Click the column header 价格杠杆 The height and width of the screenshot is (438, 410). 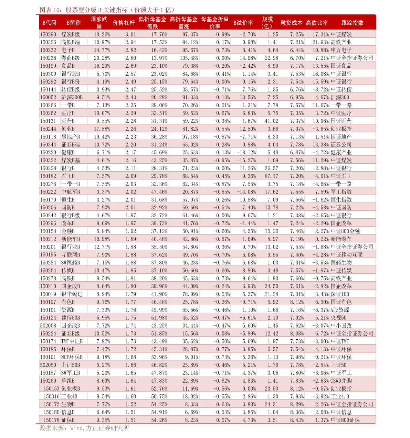tap(124, 23)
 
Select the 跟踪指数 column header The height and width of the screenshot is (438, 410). tap(352, 23)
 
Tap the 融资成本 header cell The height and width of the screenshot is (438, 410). tap(291, 23)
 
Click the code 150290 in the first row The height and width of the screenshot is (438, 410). tap(48, 34)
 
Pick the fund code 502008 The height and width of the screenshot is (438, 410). tap(48, 326)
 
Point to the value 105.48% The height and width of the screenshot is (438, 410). tap(189, 58)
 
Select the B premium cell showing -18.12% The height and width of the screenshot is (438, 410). tap(246, 152)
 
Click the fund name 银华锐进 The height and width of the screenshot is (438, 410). tap(72, 294)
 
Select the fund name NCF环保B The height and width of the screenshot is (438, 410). tap(72, 357)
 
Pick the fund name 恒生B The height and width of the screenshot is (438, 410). tap(68, 199)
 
